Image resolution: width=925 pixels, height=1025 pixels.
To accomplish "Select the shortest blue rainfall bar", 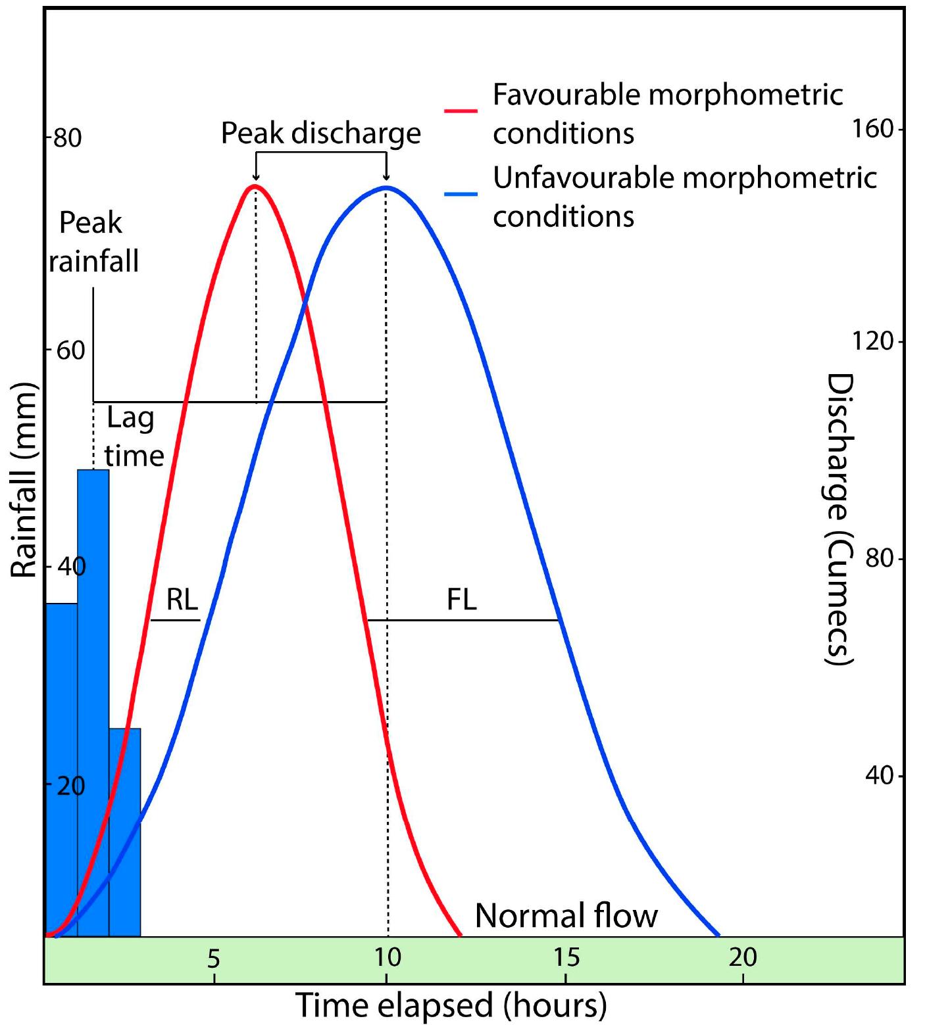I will [x=124, y=831].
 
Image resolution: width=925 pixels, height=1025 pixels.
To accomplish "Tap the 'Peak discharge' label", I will [x=320, y=133].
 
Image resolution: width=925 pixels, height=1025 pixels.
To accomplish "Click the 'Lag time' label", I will [x=134, y=437].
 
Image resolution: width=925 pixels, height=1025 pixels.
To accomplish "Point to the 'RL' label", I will [x=182, y=600].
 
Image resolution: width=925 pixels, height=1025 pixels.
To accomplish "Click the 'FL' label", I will [x=461, y=600].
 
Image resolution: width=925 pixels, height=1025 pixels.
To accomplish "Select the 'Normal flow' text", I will [x=566, y=915].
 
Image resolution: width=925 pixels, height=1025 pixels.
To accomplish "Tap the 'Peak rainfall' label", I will [x=93, y=242].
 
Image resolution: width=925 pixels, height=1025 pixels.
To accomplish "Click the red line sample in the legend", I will [x=461, y=110].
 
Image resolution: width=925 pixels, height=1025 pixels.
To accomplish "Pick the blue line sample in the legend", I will [x=461, y=194].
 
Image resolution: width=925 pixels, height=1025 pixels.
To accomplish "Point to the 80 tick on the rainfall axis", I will [x=66, y=139].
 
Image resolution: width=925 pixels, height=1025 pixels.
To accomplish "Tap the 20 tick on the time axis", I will [x=743, y=957].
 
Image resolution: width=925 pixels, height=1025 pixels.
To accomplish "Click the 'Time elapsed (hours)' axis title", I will [x=451, y=1005].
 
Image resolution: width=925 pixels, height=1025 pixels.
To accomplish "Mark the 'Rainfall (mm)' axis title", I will [x=24, y=480].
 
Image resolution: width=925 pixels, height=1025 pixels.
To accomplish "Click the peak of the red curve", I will [x=255, y=186].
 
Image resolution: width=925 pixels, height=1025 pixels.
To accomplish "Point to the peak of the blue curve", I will [x=386, y=187].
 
